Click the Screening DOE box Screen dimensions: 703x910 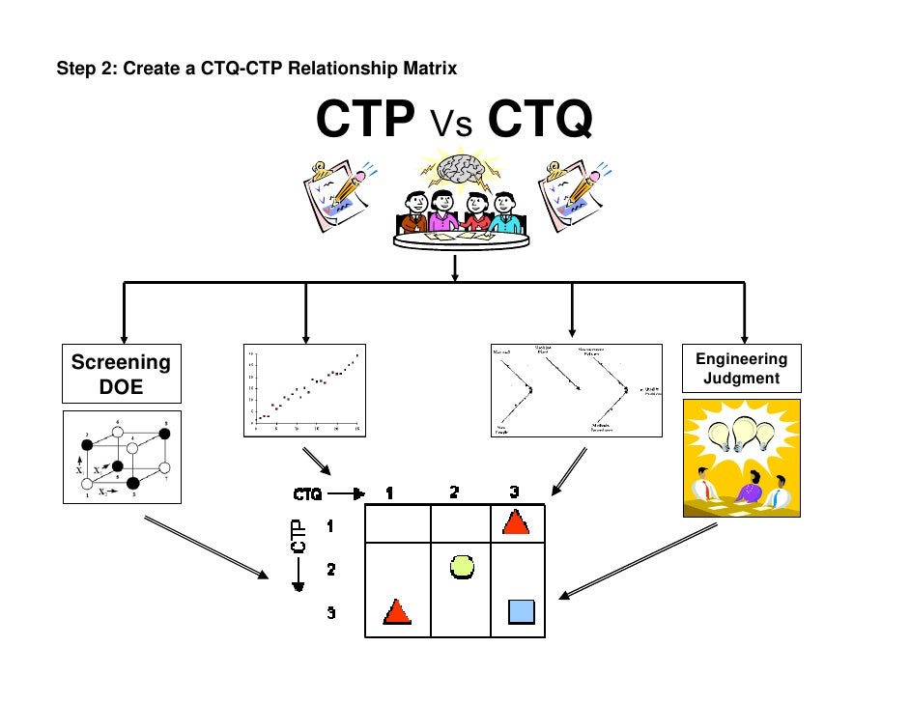(x=121, y=374)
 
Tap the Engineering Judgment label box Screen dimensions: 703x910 (x=741, y=369)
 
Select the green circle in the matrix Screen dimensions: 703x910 (x=462, y=567)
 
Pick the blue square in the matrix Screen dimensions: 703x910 (x=521, y=611)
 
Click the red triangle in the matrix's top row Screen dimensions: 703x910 (x=516, y=522)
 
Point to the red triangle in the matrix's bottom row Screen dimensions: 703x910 (x=397, y=611)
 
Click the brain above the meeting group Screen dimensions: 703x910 (x=460, y=170)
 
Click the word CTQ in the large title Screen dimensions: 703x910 (x=539, y=121)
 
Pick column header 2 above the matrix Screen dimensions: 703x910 (x=455, y=492)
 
